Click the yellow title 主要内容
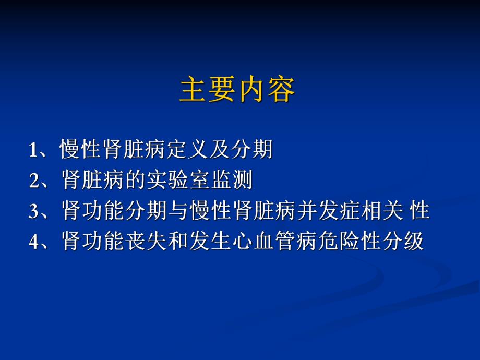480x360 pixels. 237,90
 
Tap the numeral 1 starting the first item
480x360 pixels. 34,151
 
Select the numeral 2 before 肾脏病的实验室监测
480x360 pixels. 34,182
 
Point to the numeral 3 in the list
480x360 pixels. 34,212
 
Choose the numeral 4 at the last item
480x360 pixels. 34,242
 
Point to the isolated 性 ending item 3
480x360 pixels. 420,211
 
